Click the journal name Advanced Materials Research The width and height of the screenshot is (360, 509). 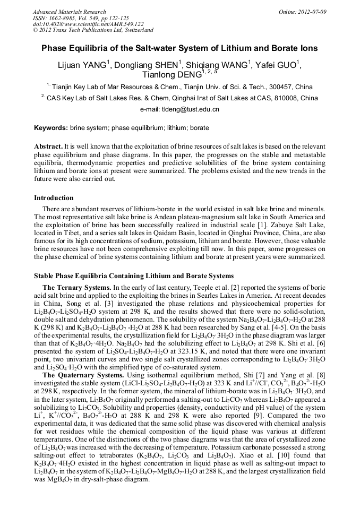(69, 12)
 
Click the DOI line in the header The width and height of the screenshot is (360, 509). (88, 24)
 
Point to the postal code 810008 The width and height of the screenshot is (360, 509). (285, 98)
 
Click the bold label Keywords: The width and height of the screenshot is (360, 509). (51, 128)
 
